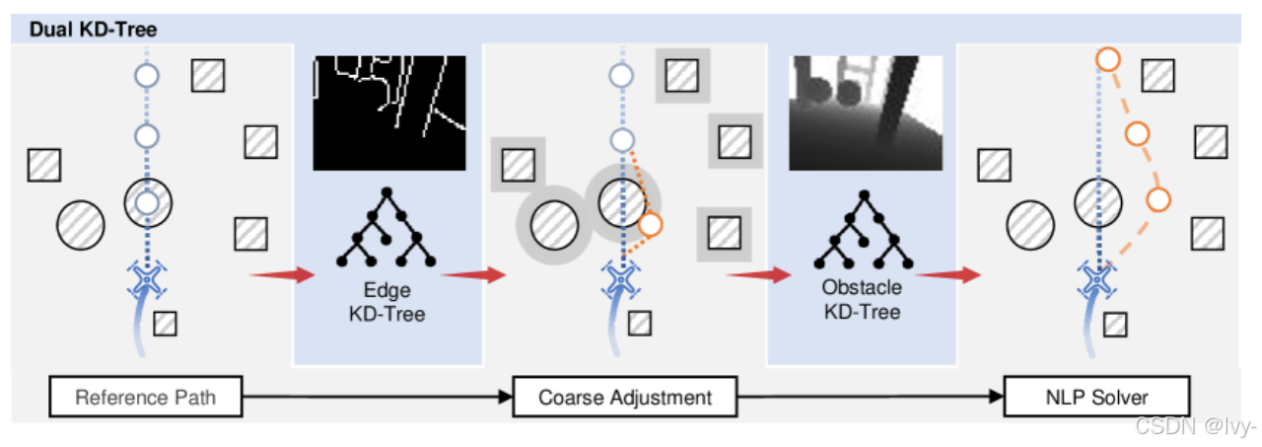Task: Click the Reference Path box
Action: click(x=145, y=399)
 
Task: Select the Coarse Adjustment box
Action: click(x=625, y=399)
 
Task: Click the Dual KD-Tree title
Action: click(x=93, y=29)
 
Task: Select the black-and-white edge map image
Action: click(x=388, y=112)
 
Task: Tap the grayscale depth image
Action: click(x=865, y=112)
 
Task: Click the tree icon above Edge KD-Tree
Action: click(x=387, y=227)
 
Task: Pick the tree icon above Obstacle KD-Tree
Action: click(x=863, y=229)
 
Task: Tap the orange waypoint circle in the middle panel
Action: click(x=650, y=226)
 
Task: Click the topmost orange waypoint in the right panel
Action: click(x=1107, y=60)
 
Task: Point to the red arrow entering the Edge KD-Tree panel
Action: click(x=278, y=274)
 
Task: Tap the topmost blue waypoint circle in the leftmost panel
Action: click(x=146, y=74)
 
